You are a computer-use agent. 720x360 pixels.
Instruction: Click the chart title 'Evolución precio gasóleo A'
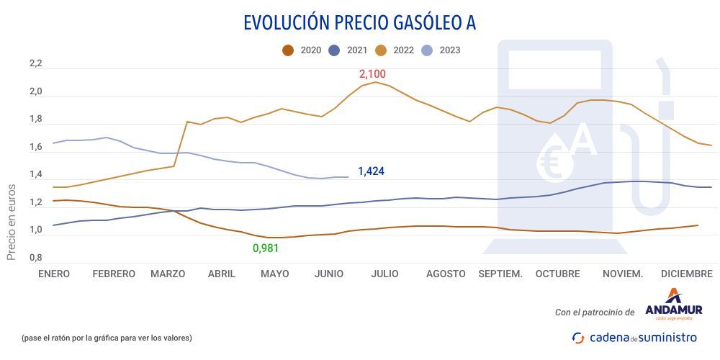[359, 23]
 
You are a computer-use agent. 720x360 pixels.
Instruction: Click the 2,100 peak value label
[373, 74]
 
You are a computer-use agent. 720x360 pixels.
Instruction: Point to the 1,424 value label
[372, 171]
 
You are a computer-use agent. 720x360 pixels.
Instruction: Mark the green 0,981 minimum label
[265, 248]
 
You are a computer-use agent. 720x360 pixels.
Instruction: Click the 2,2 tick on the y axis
[36, 64]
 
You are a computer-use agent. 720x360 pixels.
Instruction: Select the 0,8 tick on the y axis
[36, 258]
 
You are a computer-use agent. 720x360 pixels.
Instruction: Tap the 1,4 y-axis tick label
[36, 175]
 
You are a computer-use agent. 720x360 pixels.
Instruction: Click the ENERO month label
[54, 274]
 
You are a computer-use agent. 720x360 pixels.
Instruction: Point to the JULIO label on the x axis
[386, 274]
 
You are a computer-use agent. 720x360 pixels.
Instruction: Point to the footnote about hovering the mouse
[107, 338]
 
